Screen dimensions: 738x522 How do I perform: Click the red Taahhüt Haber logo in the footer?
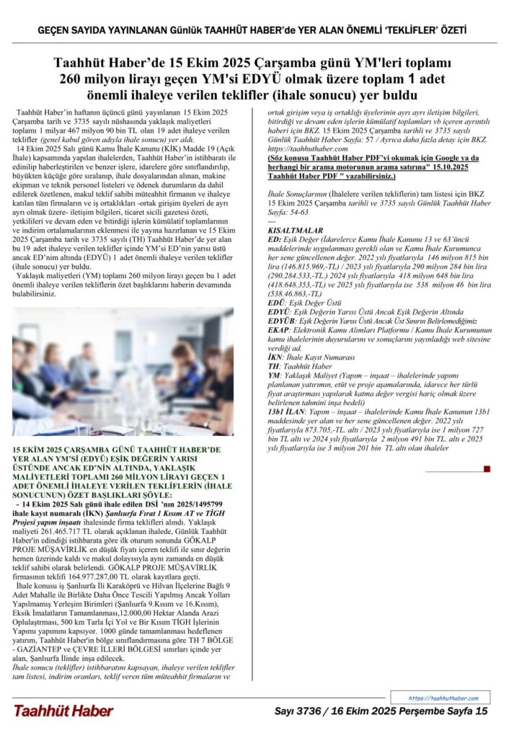[x=63, y=711]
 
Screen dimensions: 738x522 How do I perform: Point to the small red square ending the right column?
[x=487, y=468]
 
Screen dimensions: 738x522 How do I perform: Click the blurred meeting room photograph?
[x=123, y=372]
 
